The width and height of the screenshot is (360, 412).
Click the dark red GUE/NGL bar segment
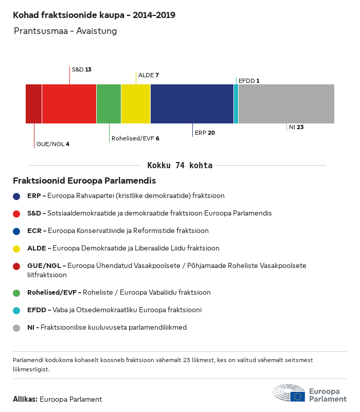click(x=33, y=104)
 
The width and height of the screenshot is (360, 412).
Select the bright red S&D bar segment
click(x=69, y=104)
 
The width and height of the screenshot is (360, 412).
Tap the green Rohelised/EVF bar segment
click(x=109, y=104)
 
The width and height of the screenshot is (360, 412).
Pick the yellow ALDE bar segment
click(x=136, y=104)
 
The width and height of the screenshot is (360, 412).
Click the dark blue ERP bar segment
click(x=192, y=104)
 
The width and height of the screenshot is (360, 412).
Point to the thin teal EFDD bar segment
click(x=236, y=104)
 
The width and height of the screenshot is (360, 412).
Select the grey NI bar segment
click(x=286, y=104)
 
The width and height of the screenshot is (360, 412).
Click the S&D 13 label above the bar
click(x=81, y=69)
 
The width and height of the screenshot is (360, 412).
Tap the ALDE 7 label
click(x=148, y=75)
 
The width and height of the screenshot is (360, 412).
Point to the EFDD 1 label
click(x=249, y=81)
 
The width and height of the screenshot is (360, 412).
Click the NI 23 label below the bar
click(x=296, y=127)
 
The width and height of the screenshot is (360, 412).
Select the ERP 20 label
click(x=205, y=133)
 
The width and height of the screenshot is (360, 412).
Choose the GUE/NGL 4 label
click(x=52, y=144)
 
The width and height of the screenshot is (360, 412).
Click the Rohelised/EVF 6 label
click(x=135, y=138)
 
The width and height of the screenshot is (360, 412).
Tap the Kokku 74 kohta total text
click(x=180, y=166)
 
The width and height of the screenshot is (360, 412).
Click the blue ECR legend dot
click(x=17, y=231)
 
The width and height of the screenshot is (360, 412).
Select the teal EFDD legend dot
click(x=17, y=310)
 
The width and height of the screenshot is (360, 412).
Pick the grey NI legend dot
click(x=17, y=328)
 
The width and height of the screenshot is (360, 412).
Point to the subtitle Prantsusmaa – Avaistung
click(x=65, y=31)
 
